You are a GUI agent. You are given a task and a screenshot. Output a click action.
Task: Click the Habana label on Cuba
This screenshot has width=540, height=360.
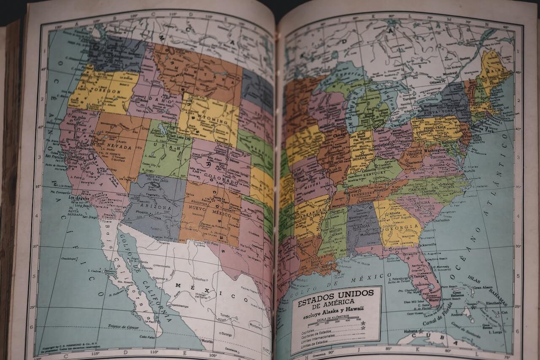(410, 331)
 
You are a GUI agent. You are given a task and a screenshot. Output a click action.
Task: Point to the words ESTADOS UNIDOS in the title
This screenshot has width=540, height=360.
(335, 297)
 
